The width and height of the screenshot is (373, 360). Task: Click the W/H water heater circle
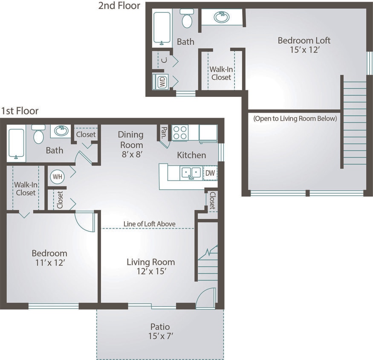click(x=57, y=176)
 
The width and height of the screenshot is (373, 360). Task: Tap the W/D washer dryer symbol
click(x=162, y=82)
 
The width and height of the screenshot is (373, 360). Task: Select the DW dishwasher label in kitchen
click(x=210, y=173)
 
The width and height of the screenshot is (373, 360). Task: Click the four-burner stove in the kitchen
click(x=180, y=132)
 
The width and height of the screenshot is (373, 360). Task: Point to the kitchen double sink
click(x=191, y=173)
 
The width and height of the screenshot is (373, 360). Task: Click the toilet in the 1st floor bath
click(x=38, y=134)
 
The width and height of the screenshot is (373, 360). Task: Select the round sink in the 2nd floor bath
click(x=222, y=17)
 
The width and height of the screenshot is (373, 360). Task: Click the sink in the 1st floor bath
click(x=61, y=131)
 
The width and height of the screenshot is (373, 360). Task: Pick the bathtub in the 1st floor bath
click(x=16, y=144)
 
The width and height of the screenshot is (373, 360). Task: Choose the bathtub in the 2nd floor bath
click(x=162, y=28)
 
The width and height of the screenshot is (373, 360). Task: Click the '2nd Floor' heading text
click(x=119, y=6)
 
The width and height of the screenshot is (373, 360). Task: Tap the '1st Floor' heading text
click(x=20, y=111)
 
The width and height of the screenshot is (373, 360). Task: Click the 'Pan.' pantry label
click(x=164, y=133)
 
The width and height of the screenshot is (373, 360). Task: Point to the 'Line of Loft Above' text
click(x=149, y=224)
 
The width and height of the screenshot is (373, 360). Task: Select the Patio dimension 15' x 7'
click(x=160, y=336)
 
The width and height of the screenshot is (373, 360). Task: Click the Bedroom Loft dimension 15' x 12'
click(x=304, y=50)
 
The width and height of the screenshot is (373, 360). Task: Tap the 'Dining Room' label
click(x=131, y=139)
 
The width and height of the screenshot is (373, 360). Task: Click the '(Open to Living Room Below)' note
click(x=295, y=119)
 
